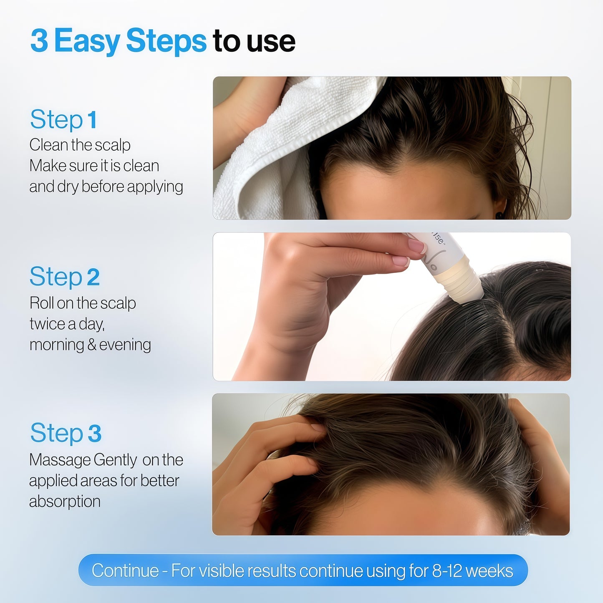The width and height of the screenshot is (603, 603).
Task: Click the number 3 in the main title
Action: [x=39, y=40]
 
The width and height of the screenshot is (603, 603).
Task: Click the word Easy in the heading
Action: [x=86, y=41]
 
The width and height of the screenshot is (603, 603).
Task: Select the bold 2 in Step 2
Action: [x=93, y=277]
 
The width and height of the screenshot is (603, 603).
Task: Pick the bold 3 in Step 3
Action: [x=94, y=433]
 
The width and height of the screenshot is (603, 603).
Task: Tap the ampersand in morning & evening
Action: [x=91, y=345]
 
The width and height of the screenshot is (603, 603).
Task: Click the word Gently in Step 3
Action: [x=115, y=460]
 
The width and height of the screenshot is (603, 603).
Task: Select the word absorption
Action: [x=65, y=501]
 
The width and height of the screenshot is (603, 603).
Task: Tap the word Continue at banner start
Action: [x=125, y=570]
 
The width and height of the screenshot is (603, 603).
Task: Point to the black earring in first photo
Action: [x=499, y=215]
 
